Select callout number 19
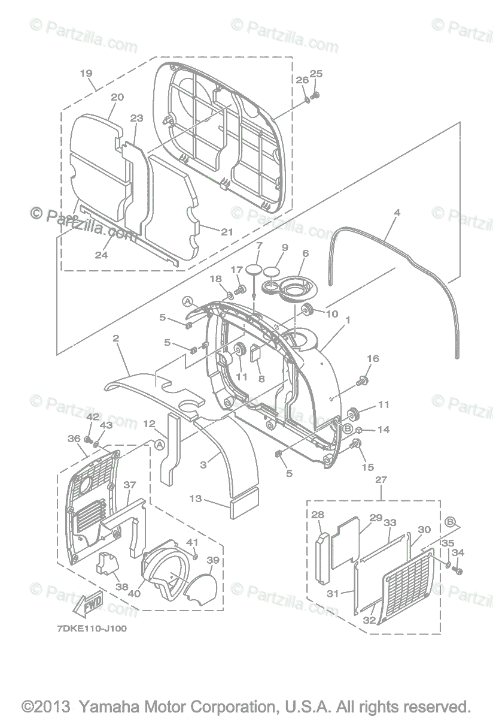tap(86, 73)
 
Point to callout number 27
tap(381, 480)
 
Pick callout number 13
tap(196, 499)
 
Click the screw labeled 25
tap(317, 93)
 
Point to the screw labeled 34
tap(458, 571)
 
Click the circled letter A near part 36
tap(159, 445)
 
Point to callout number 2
tap(116, 339)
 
